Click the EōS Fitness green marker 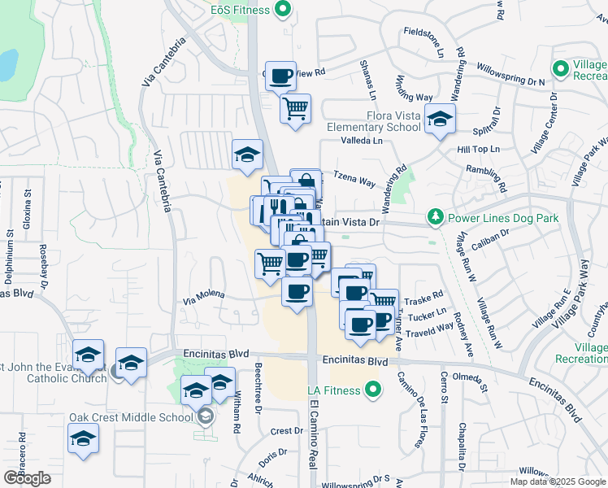click(x=283, y=10)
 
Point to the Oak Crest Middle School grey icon click(x=205, y=417)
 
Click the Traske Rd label click(x=428, y=298)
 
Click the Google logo click(x=28, y=477)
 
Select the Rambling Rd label click(x=486, y=179)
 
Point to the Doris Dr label click(x=272, y=452)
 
